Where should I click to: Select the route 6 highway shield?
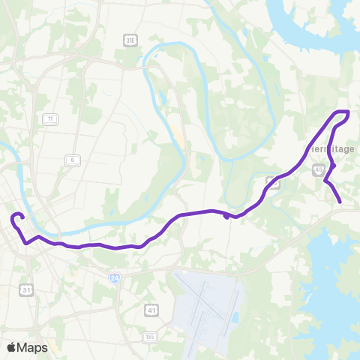pos(72,160)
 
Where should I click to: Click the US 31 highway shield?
pos(27,289)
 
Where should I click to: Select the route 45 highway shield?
pos(319,169)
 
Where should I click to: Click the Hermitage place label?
pos(330,148)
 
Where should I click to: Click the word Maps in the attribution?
pos(34,348)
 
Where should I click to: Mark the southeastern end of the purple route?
pos(340,202)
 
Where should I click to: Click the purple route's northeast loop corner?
pos(348,112)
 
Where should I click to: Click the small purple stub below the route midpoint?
pos(226,217)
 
